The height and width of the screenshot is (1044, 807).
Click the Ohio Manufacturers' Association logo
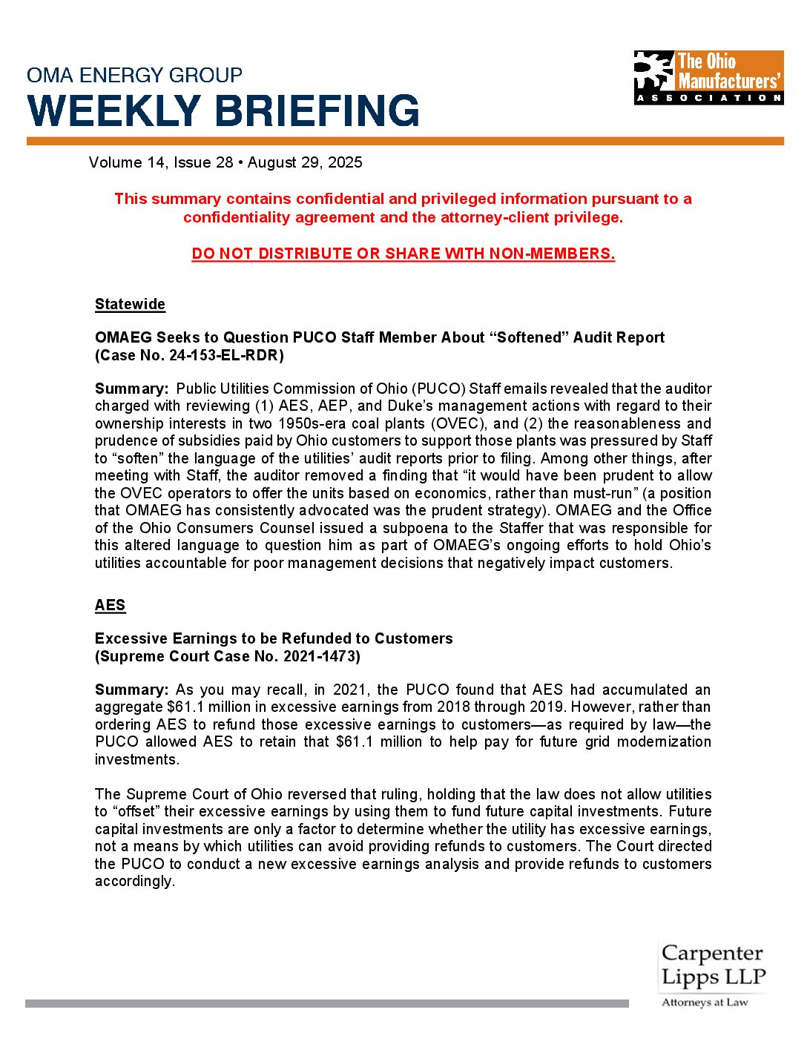click(708, 77)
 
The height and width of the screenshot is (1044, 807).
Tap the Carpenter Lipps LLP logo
click(712, 965)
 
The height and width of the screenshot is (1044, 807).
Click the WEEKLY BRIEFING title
click(223, 111)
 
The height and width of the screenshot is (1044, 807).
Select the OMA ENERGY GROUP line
click(134, 75)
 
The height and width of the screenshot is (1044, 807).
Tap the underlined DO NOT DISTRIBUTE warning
click(403, 254)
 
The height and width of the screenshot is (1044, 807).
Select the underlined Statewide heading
click(130, 305)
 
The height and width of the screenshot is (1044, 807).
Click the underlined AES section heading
click(110, 605)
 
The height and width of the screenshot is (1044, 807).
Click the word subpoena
click(406, 528)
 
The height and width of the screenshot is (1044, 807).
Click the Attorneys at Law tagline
click(705, 1002)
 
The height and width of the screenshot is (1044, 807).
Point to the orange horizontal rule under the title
click(405, 141)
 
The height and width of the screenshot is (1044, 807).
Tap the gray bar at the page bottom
click(326, 1003)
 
